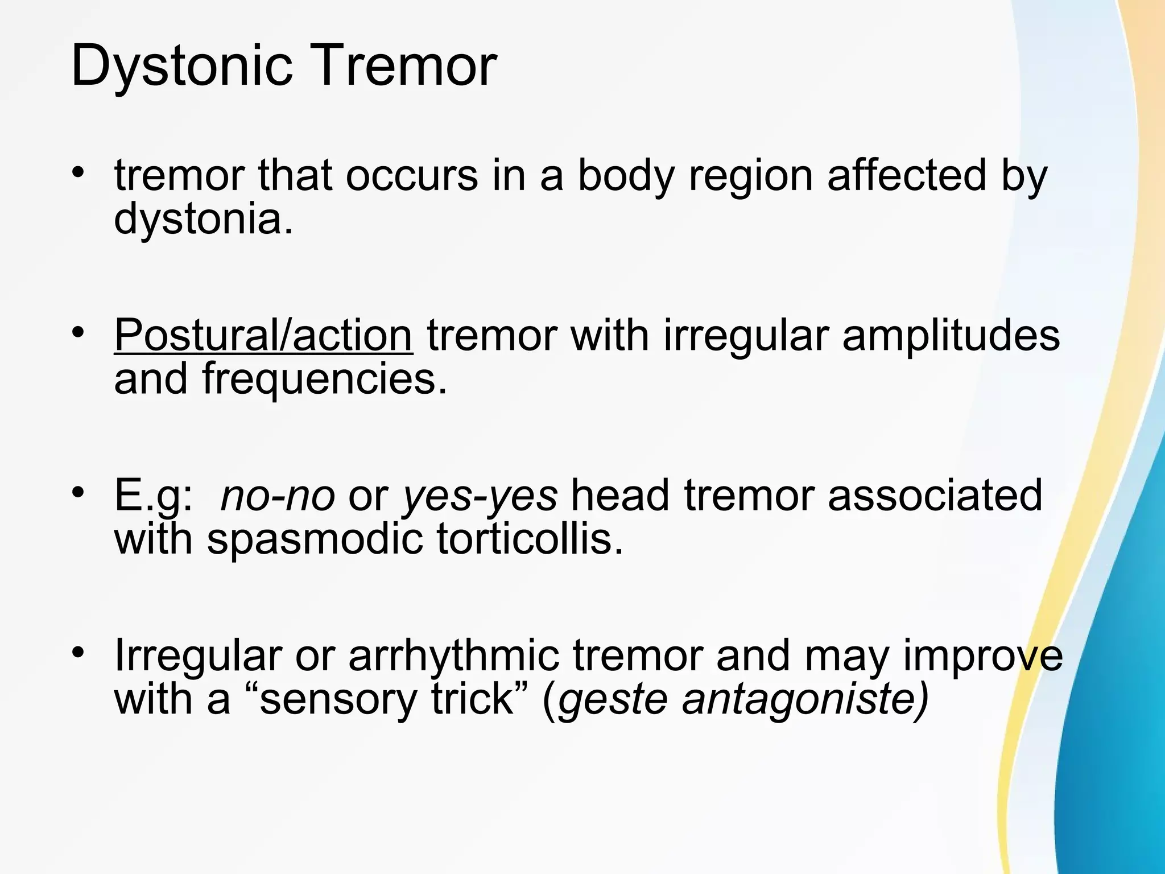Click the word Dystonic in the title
click(181, 67)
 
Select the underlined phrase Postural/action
click(263, 336)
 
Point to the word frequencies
click(324, 380)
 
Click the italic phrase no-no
click(278, 495)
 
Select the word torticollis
click(530, 539)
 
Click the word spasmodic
click(315, 539)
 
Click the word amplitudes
click(951, 336)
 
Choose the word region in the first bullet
click(750, 176)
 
